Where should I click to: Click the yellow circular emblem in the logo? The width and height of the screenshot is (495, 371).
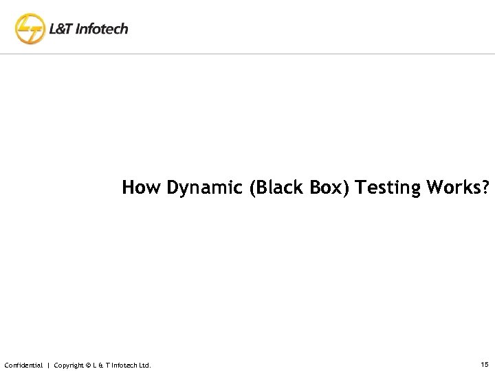29,29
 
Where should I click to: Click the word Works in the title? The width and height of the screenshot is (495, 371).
457,188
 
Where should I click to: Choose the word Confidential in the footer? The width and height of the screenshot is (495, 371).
23,364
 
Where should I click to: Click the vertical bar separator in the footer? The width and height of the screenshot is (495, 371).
47,364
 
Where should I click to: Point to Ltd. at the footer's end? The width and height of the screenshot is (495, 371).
144,364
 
